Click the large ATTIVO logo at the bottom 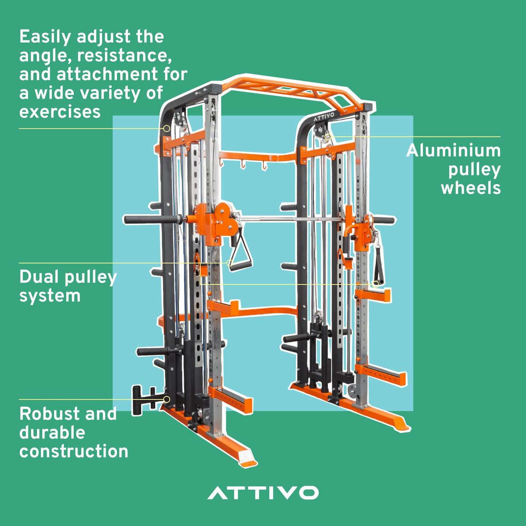[x=263, y=492]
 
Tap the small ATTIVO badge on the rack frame [x=323, y=117]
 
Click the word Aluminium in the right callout [x=453, y=151]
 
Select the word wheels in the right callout [x=471, y=188]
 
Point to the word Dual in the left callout [x=37, y=277]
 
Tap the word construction [x=74, y=451]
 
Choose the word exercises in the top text [x=60, y=112]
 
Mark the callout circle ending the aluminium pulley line [x=327, y=136]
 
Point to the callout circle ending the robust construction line [x=167, y=399]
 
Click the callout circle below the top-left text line [x=167, y=128]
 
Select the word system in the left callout [x=50, y=296]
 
